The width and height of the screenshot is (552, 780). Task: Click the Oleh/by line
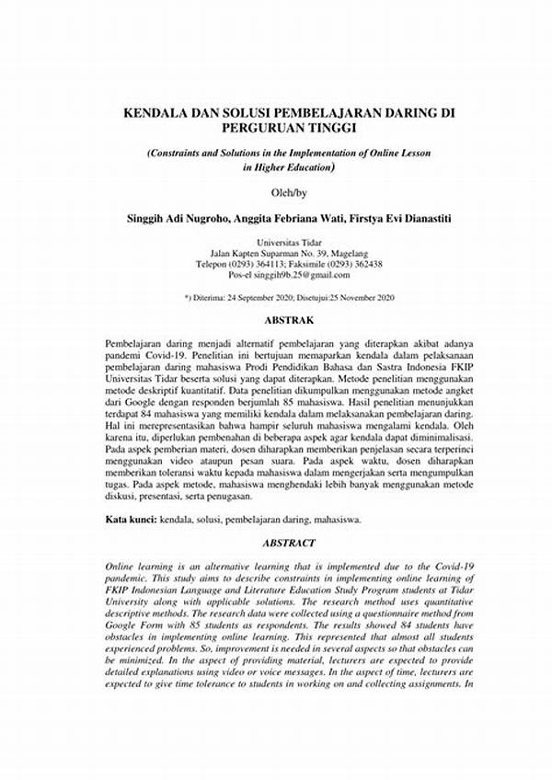pyautogui.click(x=290, y=193)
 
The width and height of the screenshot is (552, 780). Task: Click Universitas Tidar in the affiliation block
pyautogui.click(x=290, y=241)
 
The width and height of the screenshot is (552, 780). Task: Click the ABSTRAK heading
pyautogui.click(x=290, y=321)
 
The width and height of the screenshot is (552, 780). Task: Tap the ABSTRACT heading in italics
pyautogui.click(x=290, y=544)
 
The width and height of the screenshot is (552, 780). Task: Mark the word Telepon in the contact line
pyautogui.click(x=216, y=263)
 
